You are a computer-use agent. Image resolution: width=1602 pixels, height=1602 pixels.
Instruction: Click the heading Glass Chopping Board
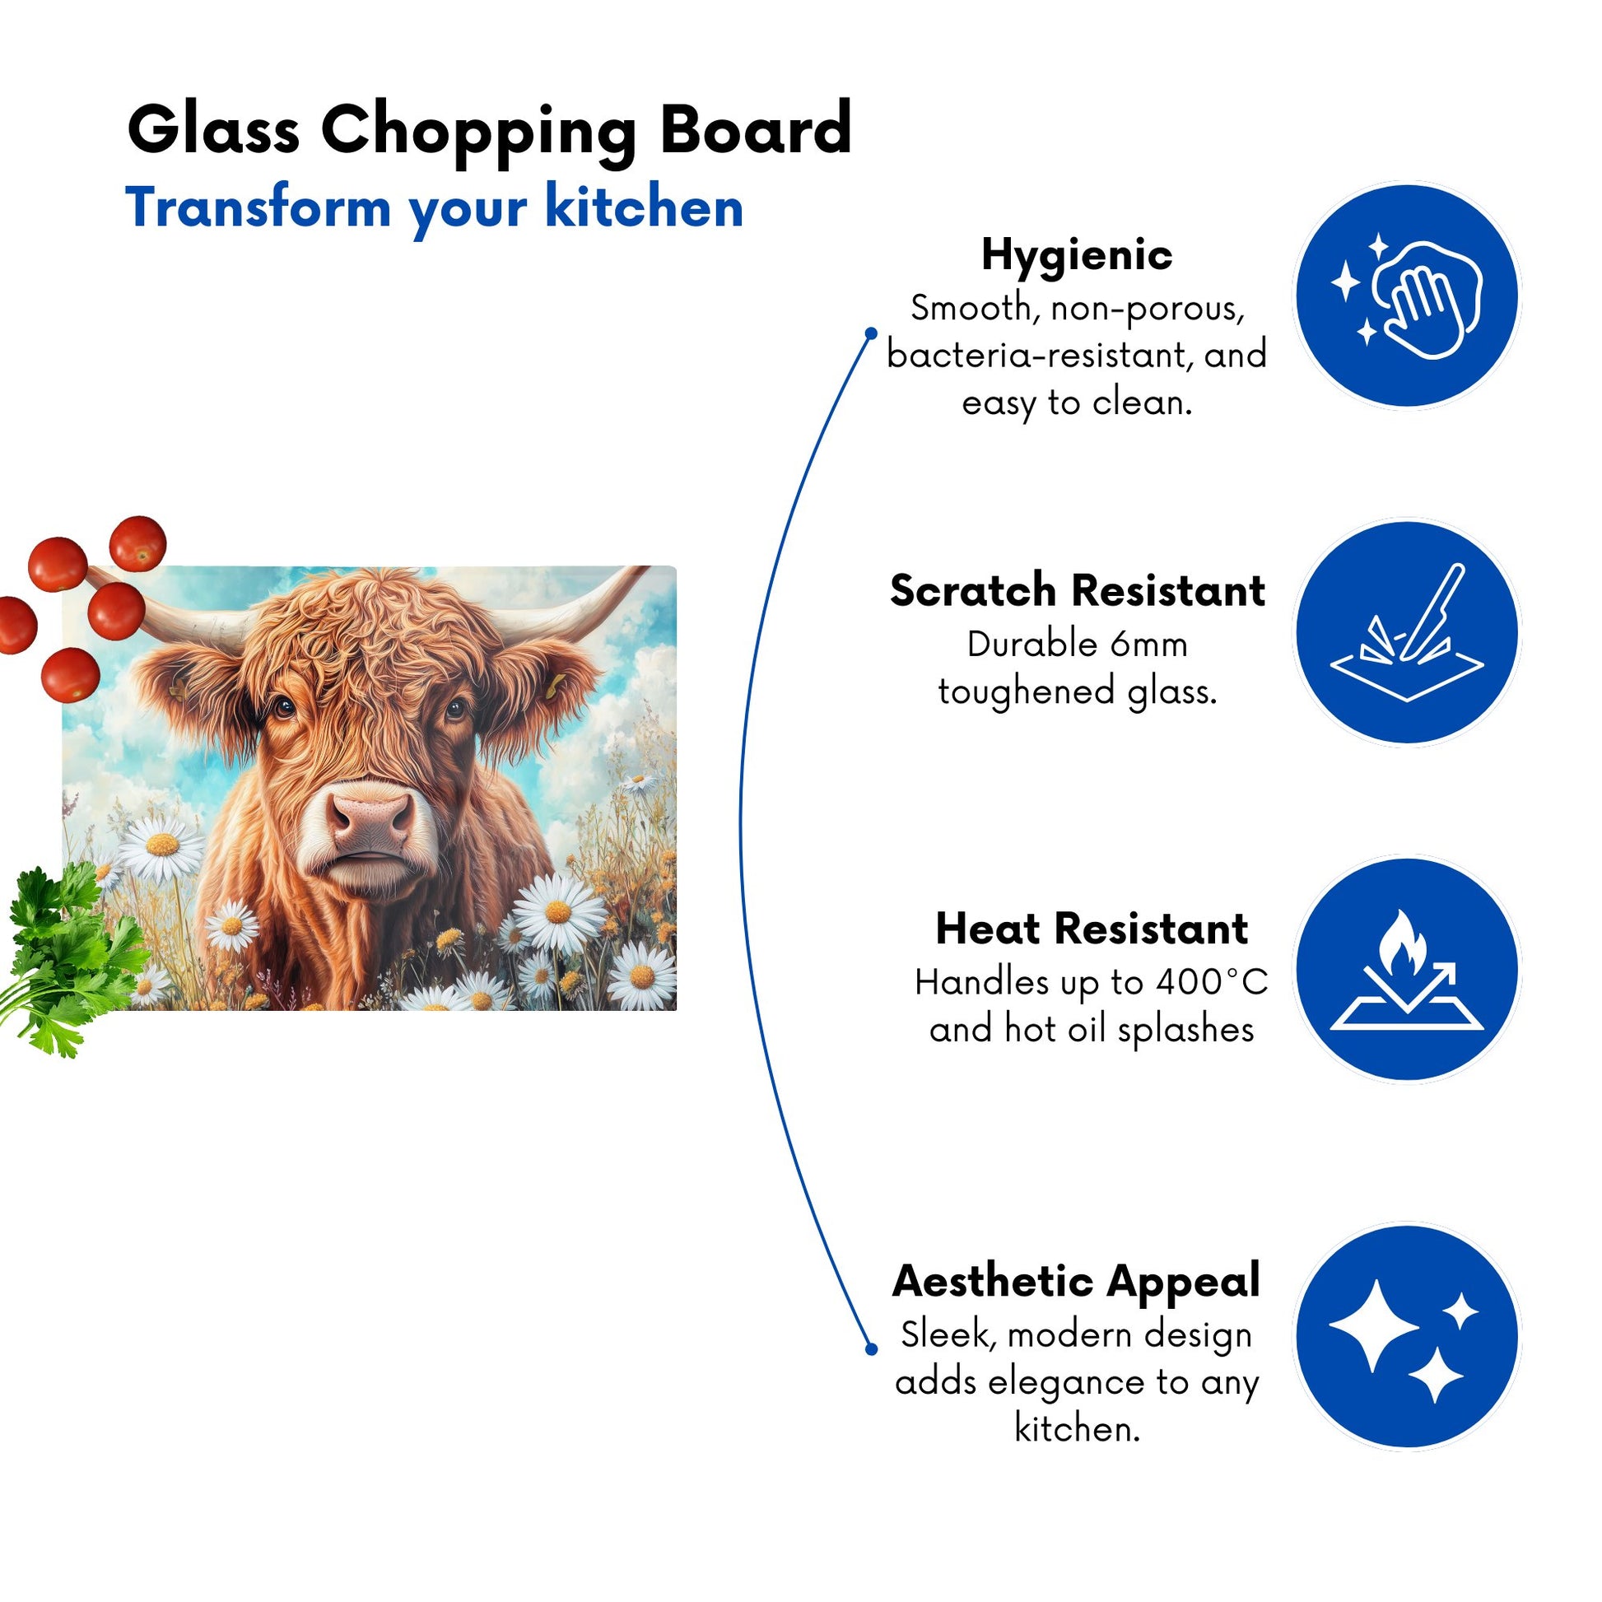(x=489, y=130)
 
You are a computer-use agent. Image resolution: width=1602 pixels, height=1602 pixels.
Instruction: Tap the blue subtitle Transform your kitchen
(x=434, y=207)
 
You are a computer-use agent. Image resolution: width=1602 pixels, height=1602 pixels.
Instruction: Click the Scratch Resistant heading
(x=1077, y=591)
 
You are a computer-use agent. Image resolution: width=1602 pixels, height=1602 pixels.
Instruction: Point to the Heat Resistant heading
(x=1092, y=929)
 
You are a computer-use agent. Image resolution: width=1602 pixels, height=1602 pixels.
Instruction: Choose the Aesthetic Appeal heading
(x=1076, y=1282)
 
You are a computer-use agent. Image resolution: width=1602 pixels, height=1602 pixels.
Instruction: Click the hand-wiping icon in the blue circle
(x=1407, y=296)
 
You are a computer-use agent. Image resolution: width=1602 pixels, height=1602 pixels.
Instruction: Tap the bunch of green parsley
(x=71, y=954)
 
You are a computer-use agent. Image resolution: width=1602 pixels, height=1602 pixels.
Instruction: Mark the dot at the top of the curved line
(x=871, y=333)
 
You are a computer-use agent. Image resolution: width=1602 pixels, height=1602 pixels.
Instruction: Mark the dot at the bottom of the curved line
(x=871, y=1349)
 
